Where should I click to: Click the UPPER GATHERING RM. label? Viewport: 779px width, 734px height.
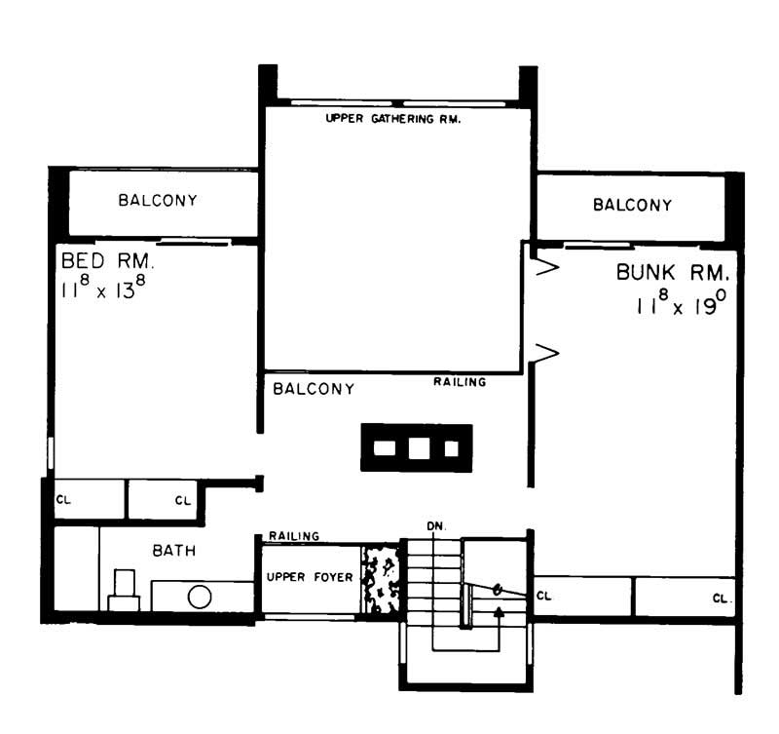tap(391, 120)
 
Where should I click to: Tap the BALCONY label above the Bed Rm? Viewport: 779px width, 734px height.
tap(158, 201)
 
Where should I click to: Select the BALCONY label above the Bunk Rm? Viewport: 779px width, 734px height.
tap(632, 205)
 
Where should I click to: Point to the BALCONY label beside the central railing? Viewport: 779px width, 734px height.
tap(313, 389)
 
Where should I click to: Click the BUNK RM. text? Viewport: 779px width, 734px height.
tap(671, 272)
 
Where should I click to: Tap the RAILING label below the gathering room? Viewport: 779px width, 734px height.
tap(460, 382)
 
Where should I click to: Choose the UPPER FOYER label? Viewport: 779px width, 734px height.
tap(310, 578)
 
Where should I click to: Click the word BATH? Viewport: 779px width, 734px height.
tap(173, 551)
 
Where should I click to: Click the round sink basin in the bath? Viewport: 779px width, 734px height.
tap(200, 597)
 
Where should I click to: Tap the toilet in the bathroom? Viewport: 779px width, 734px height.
tap(124, 590)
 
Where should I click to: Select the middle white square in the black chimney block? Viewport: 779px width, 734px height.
tap(418, 448)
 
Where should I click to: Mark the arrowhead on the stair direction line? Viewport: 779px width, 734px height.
tap(500, 612)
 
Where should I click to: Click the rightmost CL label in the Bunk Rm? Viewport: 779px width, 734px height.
tap(722, 597)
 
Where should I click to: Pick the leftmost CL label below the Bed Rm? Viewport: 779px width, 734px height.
tap(63, 500)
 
